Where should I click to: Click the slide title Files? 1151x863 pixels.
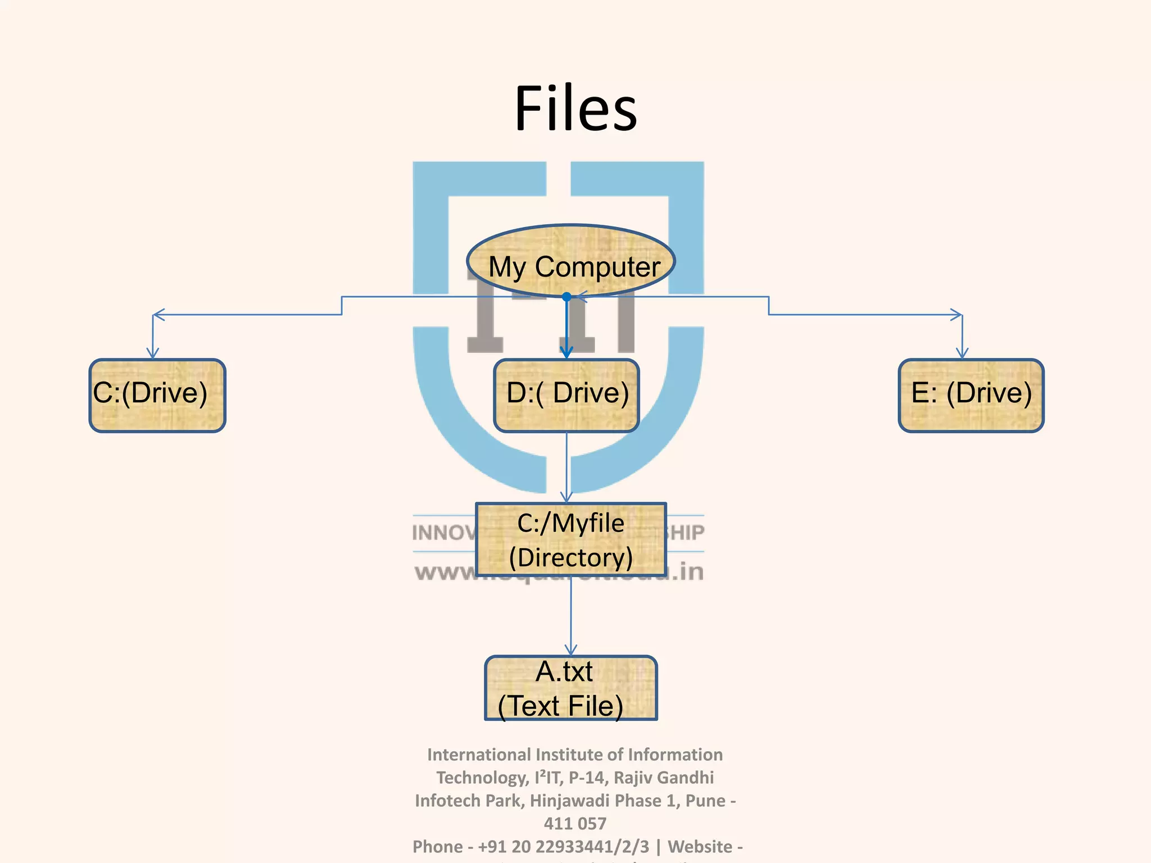[575, 108]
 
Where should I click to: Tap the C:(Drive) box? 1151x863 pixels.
[157, 396]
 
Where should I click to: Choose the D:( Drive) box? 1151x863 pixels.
[567, 396]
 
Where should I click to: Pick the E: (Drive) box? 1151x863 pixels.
[971, 396]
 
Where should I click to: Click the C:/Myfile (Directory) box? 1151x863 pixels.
[571, 539]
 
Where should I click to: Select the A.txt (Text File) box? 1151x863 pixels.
[571, 688]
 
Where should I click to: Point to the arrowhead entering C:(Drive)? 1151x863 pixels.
[153, 354]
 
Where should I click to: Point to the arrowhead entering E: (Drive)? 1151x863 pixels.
[962, 354]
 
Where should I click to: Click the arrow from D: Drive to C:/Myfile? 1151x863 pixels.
[567, 466]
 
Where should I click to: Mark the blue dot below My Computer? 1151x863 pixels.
[567, 297]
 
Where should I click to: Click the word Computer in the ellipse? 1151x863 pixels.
[597, 267]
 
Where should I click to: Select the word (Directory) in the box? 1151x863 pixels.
[571, 557]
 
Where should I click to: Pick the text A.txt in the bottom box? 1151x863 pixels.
[564, 671]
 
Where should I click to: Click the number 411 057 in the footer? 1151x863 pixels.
[575, 823]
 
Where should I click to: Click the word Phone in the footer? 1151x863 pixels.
[437, 846]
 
